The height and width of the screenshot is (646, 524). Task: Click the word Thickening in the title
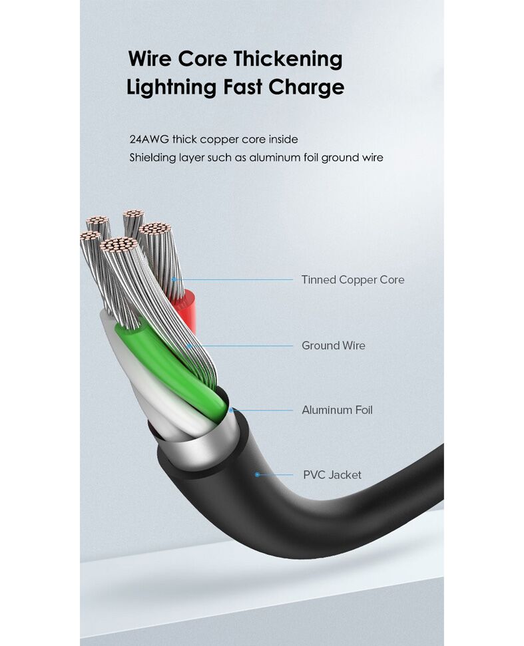coord(289,59)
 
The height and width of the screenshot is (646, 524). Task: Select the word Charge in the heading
coord(306,87)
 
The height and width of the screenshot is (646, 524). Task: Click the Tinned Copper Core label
coord(353,279)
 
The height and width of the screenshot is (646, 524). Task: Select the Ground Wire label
coord(334,345)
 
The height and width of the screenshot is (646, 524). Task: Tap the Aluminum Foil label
coord(338,410)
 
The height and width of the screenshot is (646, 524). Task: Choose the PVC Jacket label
coord(332,474)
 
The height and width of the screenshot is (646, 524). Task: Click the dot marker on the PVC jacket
coord(257,474)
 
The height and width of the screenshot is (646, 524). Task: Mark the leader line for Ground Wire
coord(241,346)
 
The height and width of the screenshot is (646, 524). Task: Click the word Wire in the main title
coord(150,59)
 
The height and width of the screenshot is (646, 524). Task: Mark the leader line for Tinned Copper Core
coord(233,279)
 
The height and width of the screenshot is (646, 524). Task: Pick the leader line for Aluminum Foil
coord(262,410)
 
